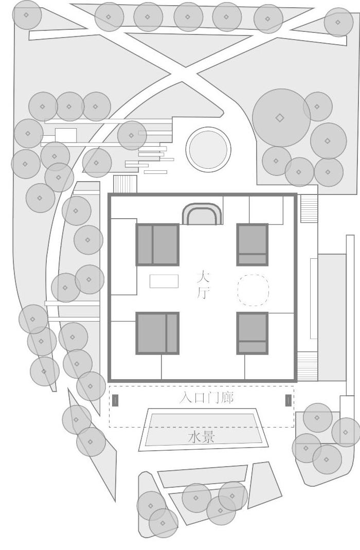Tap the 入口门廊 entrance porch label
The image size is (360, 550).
point(206,398)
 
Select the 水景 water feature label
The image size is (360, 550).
point(201,438)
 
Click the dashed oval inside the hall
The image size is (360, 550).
point(253,290)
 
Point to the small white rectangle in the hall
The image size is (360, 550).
point(164,281)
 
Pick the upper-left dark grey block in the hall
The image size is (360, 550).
point(157,244)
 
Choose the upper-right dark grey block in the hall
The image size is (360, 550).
point(252,244)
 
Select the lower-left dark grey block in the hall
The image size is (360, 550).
point(157,333)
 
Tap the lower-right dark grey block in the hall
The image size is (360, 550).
point(252,333)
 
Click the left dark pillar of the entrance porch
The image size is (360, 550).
point(115,400)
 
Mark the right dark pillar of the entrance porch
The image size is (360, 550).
point(288,400)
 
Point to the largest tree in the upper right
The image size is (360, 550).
point(281,118)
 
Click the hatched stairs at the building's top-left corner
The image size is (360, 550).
point(125,184)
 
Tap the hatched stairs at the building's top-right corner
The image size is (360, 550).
point(309,208)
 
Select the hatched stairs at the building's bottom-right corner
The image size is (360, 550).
point(308,366)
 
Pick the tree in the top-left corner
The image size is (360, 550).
point(27,15)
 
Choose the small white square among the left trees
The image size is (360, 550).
point(66,135)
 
